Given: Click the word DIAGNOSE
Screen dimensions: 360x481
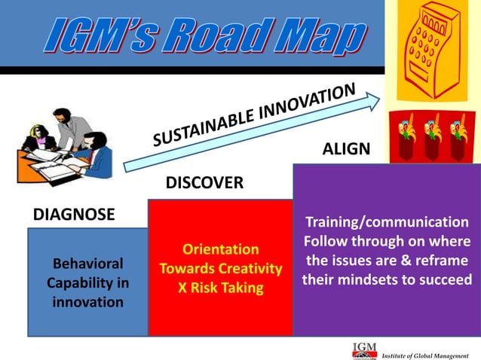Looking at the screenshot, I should (74, 215).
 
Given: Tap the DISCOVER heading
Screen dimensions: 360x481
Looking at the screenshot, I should (204, 183).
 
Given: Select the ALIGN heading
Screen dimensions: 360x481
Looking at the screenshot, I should (346, 149).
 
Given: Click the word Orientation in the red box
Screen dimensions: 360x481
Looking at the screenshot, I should (221, 249).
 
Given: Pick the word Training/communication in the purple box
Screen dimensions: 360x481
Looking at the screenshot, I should (386, 222).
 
